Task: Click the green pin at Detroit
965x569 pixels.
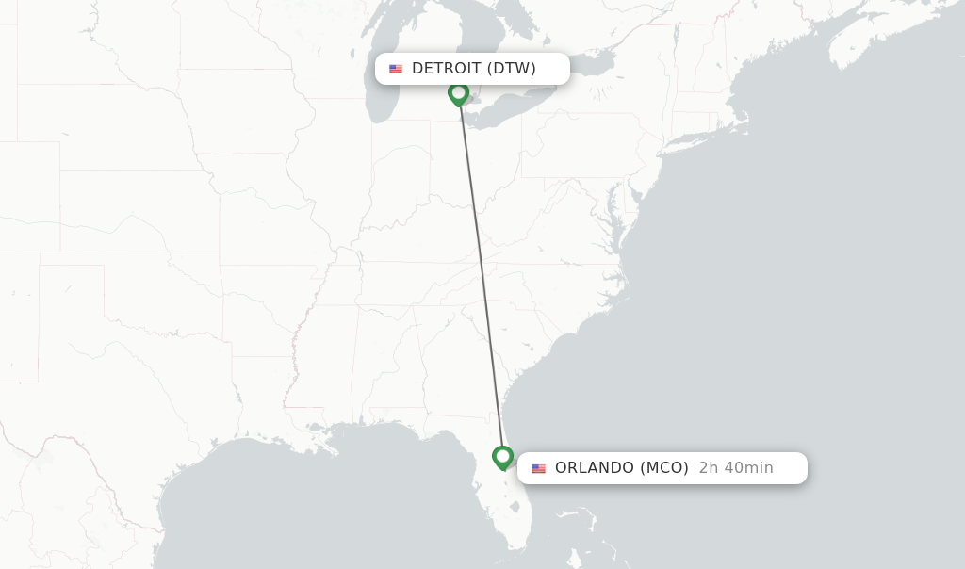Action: tap(458, 93)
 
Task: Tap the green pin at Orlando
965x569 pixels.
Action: tap(503, 457)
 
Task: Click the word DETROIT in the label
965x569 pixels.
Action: tap(447, 69)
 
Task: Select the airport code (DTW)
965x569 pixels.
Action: tap(512, 69)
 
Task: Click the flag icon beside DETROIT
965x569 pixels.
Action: tap(396, 69)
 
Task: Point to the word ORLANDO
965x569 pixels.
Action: tap(595, 468)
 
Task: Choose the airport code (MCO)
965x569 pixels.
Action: tap(664, 468)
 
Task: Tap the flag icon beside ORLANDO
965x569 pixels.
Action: tap(539, 468)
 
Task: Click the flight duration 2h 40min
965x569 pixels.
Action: tap(736, 468)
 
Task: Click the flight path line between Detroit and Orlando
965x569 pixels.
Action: tap(481, 273)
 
